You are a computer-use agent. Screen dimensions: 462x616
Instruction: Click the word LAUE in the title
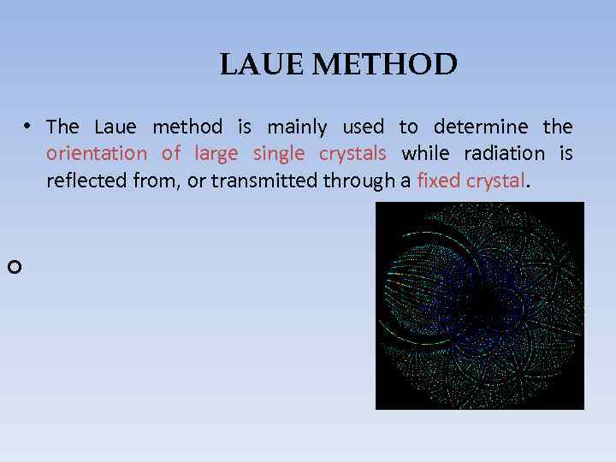[253, 65]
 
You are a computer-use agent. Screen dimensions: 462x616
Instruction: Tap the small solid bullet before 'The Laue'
[28, 126]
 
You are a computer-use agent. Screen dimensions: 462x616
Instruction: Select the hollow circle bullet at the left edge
[13, 268]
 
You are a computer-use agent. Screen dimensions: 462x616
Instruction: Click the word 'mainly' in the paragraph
[297, 127]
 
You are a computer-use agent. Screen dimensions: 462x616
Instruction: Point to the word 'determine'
[481, 127]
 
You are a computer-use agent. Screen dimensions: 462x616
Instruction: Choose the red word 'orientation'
[97, 154]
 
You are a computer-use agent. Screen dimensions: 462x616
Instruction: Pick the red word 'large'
[216, 154]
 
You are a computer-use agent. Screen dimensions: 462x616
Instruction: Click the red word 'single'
[279, 154]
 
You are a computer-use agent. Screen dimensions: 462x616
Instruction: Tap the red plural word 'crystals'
[352, 154]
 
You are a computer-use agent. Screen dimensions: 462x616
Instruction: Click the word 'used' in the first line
[363, 127]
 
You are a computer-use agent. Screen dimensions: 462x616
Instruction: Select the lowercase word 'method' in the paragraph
[187, 127]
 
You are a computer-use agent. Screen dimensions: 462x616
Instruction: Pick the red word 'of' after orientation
[171, 154]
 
